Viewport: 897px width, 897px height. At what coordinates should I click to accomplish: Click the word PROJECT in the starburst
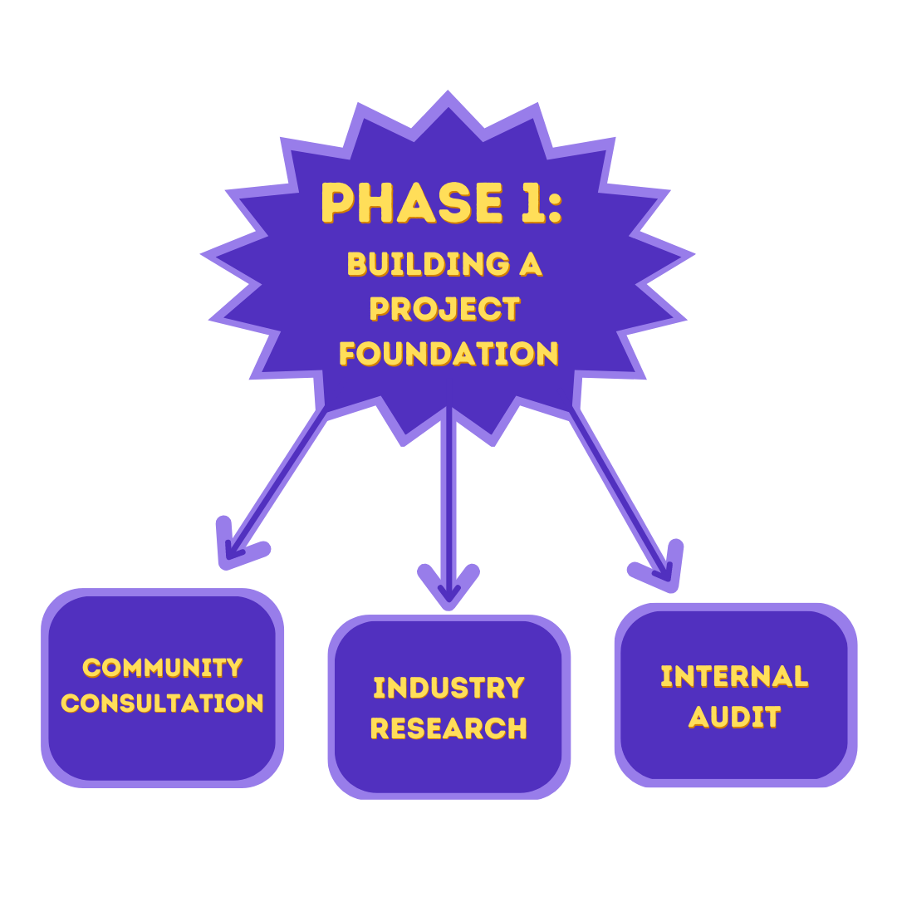[445, 309]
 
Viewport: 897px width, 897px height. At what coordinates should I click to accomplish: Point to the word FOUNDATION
[448, 354]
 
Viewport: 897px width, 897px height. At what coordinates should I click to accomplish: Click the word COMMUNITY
[163, 668]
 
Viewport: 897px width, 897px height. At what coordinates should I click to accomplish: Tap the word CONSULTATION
[163, 703]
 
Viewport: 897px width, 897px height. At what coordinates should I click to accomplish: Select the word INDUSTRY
[448, 688]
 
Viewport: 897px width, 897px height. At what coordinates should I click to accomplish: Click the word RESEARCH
[448, 728]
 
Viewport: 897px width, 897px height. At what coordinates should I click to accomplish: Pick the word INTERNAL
[735, 676]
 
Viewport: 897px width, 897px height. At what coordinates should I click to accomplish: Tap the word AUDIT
[735, 716]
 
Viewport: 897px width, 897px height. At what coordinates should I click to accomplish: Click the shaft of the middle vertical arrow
[448, 498]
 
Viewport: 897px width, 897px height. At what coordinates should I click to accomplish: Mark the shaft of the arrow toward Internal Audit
[619, 490]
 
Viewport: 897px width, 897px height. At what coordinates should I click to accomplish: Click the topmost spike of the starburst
[448, 98]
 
